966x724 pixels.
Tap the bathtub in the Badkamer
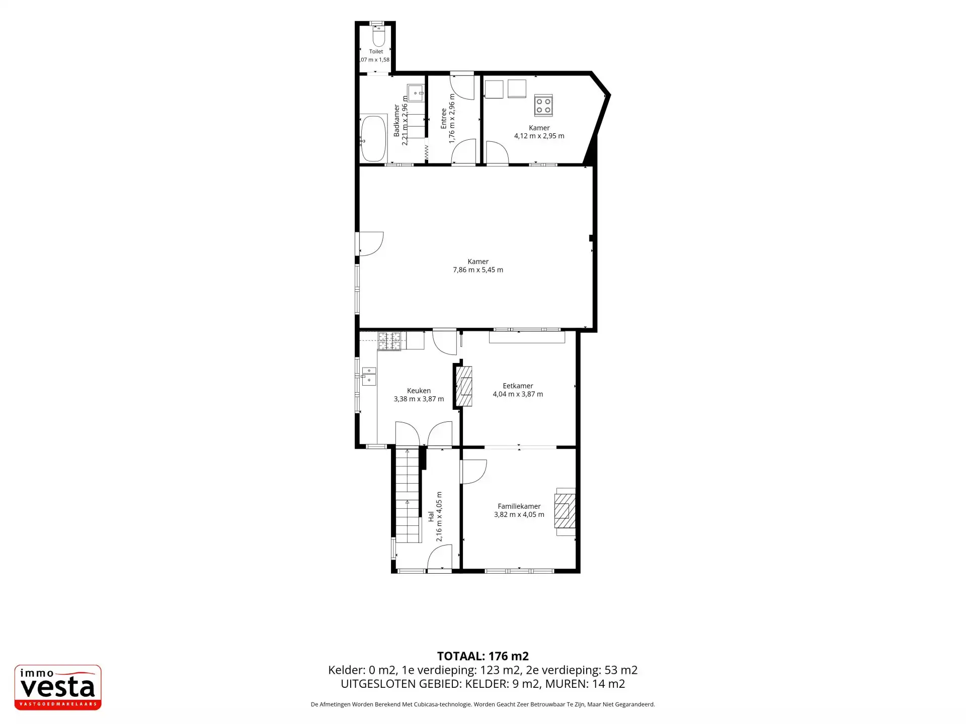point(373,139)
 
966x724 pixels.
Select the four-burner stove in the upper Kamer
point(543,105)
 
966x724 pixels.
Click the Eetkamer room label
point(518,386)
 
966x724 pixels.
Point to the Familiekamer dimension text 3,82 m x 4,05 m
point(519,515)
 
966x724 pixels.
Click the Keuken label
point(419,391)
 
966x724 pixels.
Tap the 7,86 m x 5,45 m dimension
point(478,270)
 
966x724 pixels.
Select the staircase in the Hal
point(408,496)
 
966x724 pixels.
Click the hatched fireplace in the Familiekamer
point(565,511)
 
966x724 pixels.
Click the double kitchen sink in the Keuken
point(369,376)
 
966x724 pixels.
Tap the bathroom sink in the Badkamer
point(416,93)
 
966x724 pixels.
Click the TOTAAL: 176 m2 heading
point(483,656)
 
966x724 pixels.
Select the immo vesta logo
point(58,687)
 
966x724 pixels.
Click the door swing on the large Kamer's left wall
point(371,244)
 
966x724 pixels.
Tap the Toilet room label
point(376,51)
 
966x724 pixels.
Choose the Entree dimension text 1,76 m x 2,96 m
point(452,119)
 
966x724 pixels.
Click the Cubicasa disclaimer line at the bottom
point(483,704)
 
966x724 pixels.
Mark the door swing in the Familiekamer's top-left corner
point(474,472)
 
